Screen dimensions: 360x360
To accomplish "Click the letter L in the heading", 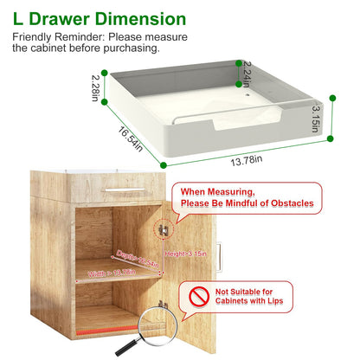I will coord(17,18).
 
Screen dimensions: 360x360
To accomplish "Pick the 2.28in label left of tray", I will coord(96,87).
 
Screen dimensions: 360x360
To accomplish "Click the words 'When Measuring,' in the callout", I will coord(218,190).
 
